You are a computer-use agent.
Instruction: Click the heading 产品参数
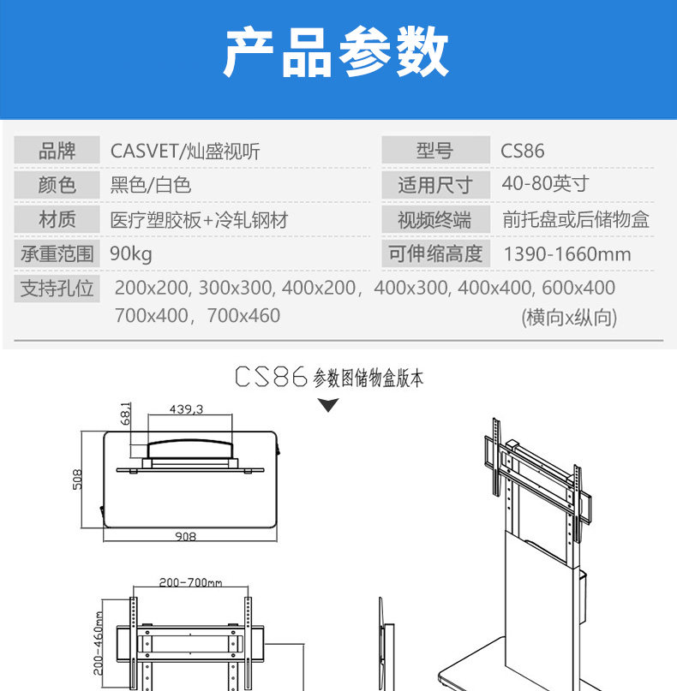pos(336,53)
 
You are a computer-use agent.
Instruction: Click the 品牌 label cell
pos(57,152)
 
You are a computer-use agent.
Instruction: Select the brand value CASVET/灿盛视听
pos(185,152)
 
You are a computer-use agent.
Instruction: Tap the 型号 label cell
pos(434,152)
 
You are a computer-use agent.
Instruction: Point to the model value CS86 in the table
pos(523,152)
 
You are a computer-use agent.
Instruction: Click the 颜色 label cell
pos(57,185)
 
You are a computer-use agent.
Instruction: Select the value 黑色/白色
pos(151,185)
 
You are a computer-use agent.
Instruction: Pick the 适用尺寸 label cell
pos(434,185)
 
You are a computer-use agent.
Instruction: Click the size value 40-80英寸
pos(545,184)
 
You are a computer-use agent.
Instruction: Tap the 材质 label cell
pos(57,219)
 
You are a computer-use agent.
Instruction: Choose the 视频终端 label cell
pos(434,220)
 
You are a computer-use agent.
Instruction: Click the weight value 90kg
pos(131,253)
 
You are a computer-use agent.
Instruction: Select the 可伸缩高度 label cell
pos(434,253)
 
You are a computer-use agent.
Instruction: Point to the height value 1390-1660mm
pos(566,254)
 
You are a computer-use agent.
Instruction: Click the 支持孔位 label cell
pos(57,288)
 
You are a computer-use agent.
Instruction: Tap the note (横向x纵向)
pos(569,318)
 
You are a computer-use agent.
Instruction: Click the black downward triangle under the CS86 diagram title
pos(328,405)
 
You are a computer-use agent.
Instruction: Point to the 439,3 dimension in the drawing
pos(186,409)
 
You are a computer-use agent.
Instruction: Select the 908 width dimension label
pos(185,537)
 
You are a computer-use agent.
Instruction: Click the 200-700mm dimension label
pos(190,582)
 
